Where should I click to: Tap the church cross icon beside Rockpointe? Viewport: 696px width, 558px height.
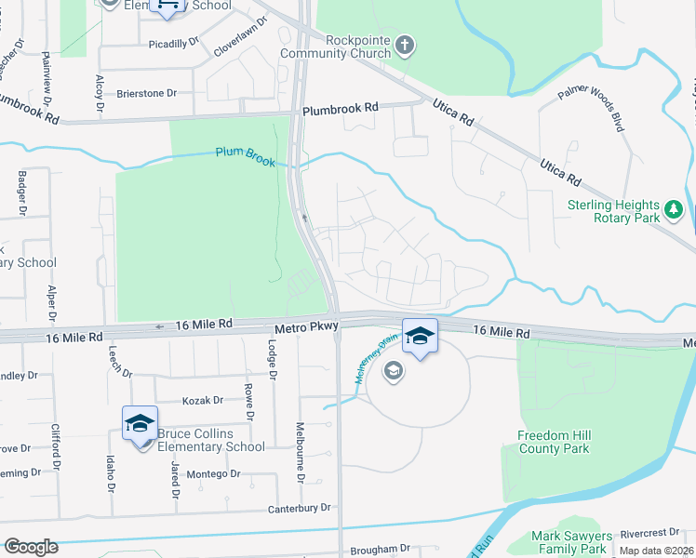click(x=404, y=45)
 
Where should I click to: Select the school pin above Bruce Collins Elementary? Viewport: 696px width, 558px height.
click(x=140, y=424)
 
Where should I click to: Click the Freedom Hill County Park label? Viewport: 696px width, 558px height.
click(x=554, y=442)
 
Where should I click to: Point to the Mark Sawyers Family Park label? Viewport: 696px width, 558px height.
click(x=571, y=542)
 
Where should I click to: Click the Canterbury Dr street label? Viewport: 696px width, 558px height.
click(x=300, y=508)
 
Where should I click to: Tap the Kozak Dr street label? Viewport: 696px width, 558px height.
click(x=205, y=400)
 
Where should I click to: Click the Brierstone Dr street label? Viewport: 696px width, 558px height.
click(x=146, y=94)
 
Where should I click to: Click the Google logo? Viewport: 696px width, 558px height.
click(x=31, y=547)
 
